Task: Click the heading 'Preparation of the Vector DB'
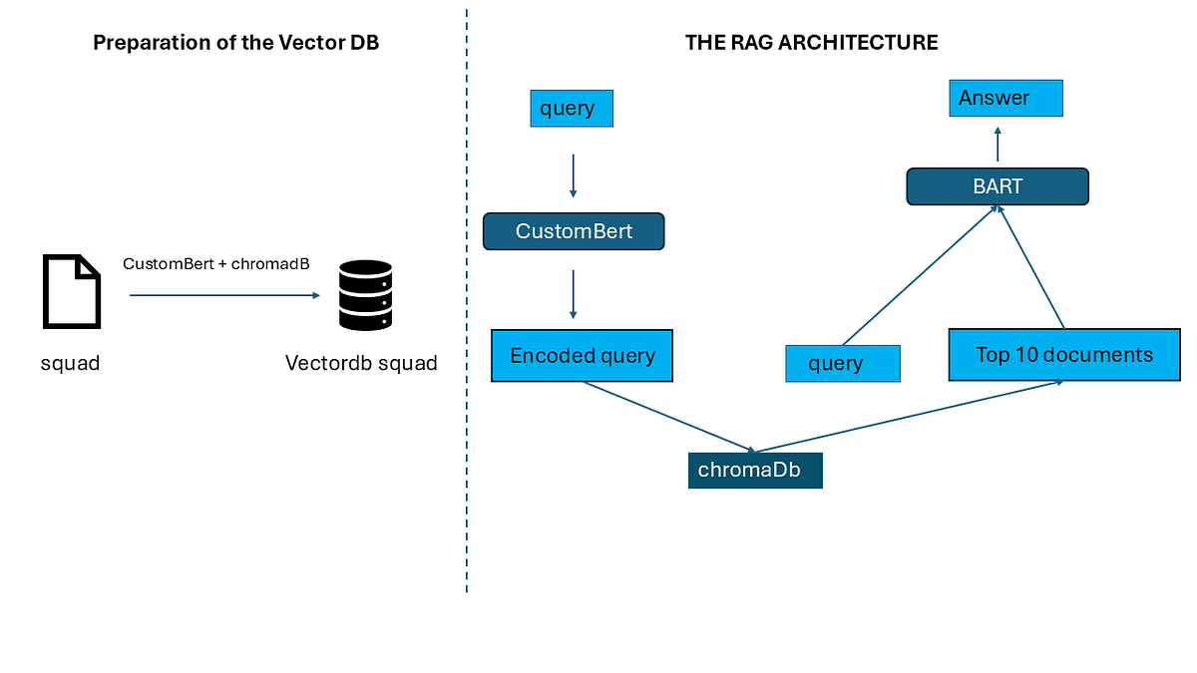[x=235, y=43]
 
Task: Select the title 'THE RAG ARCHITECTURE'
[x=811, y=43]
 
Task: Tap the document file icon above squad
[x=71, y=291]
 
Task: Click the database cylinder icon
[x=365, y=295]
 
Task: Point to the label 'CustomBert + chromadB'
[x=215, y=264]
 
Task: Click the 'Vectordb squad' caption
[x=361, y=363]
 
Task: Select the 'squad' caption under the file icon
[x=70, y=363]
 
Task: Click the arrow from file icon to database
[x=223, y=295]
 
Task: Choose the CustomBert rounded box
[x=574, y=231]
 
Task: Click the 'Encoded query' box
[x=583, y=356]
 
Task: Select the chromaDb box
[x=755, y=470]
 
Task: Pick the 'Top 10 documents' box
[x=1063, y=354]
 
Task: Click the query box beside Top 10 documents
[x=843, y=363]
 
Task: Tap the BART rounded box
[x=997, y=186]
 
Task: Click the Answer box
[x=1004, y=98]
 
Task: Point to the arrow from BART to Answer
[x=997, y=144]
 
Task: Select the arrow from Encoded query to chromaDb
[x=668, y=417]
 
